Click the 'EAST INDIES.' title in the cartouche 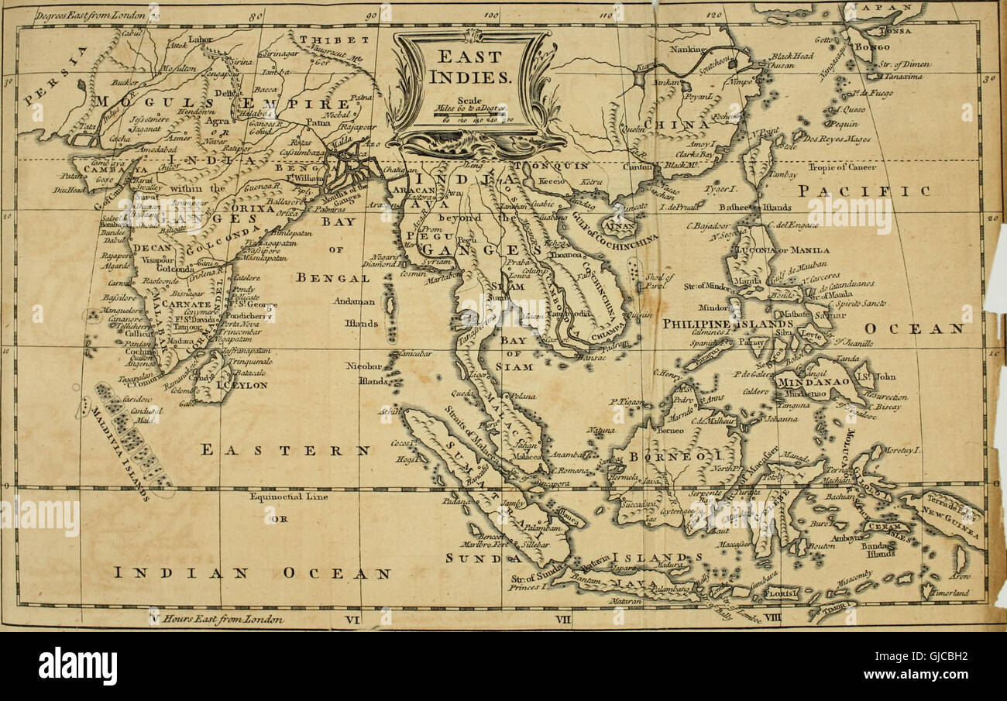click(470, 67)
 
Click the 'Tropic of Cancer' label click(843, 167)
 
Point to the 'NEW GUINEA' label click(954, 524)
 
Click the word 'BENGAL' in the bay click(332, 277)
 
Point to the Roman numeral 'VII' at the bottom click(563, 620)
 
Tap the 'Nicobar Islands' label click(363, 372)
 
